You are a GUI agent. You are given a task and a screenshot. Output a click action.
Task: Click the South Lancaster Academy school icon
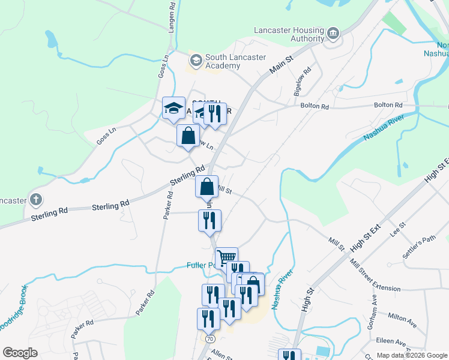[196, 60]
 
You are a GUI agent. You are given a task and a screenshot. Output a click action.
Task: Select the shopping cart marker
[226, 258]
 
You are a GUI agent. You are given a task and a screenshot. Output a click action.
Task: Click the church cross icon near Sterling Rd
[36, 200]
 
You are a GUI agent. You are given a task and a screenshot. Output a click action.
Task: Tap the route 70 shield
[209, 339]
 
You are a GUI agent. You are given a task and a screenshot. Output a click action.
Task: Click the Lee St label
[398, 229]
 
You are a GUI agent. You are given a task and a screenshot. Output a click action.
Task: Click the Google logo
[20, 353]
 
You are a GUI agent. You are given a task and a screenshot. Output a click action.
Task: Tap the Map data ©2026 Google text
[411, 355]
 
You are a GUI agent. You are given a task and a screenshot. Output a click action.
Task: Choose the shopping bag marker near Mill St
[206, 187]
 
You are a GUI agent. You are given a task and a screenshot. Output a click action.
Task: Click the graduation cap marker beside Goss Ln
[173, 109]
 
